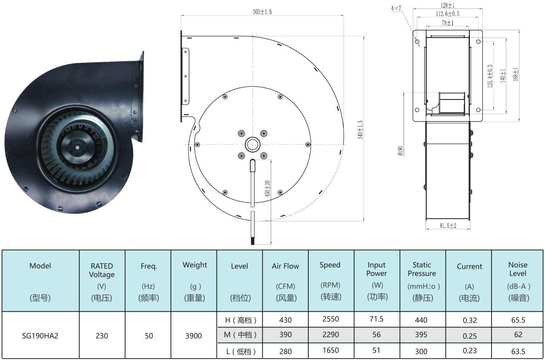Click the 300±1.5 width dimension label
click(262, 12)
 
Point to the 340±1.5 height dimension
click(360, 130)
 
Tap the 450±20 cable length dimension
click(267, 189)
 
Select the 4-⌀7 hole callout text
click(396, 8)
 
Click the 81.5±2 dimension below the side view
click(448, 226)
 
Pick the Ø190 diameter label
click(401, 151)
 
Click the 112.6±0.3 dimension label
click(448, 14)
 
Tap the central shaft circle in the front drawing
click(253, 144)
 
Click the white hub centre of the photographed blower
click(77, 147)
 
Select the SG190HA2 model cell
click(40, 336)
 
